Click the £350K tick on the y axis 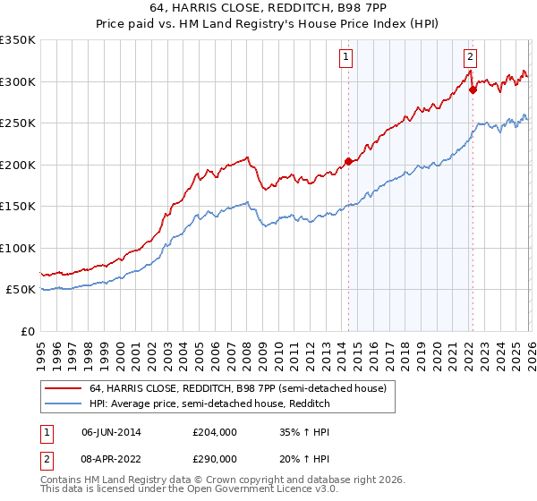click(x=18, y=40)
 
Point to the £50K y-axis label click(x=21, y=290)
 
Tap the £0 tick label click(x=28, y=331)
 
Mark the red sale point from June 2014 click(x=347, y=162)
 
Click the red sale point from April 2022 click(x=472, y=89)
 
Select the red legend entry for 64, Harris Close click(x=237, y=388)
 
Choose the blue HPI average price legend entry click(x=209, y=404)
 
